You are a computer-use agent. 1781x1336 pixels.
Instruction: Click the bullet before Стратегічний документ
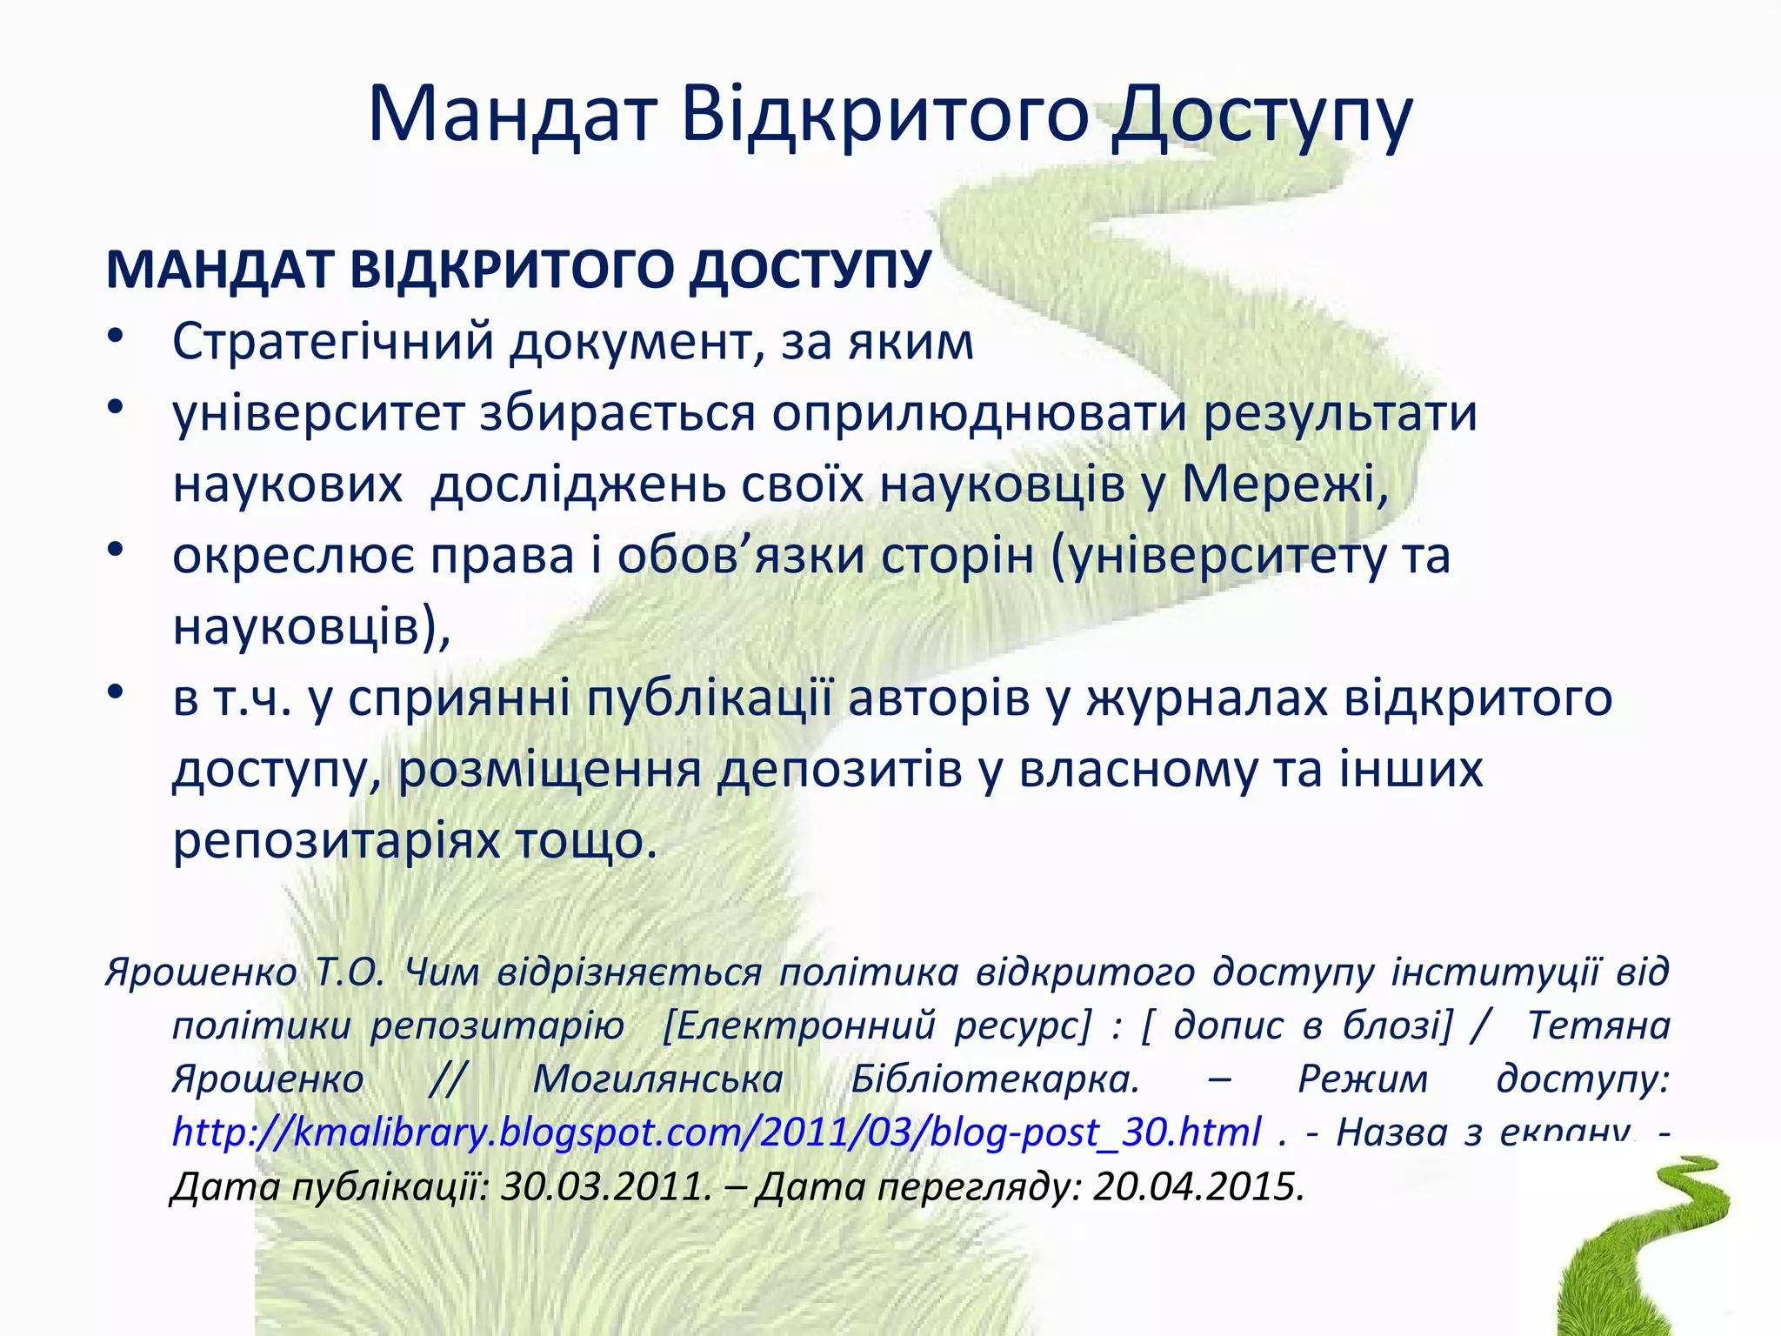click(117, 337)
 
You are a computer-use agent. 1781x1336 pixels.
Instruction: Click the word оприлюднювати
click(978, 414)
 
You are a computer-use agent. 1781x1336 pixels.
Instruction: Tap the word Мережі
click(1282, 485)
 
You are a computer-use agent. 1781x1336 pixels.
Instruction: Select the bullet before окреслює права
click(117, 551)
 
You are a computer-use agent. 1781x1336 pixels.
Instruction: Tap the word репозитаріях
click(336, 842)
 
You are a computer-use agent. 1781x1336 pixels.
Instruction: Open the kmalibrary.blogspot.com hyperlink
click(716, 1132)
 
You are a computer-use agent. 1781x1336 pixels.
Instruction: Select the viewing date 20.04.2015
click(1197, 1186)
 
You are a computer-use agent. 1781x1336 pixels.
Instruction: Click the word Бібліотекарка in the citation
click(994, 1079)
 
